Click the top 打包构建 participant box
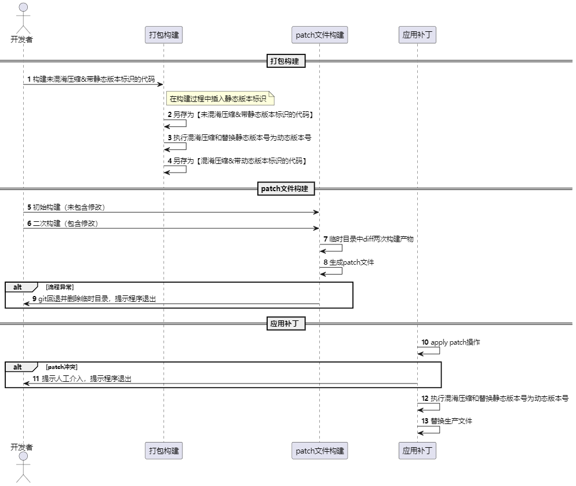pos(163,35)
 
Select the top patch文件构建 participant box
pos(319,35)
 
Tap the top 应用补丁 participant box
pos(417,35)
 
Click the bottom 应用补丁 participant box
pos(417,451)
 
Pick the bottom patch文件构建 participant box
pos(319,451)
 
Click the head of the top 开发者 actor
pos(23,8)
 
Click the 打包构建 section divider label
pos(286,61)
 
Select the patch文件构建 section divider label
pos(286,188)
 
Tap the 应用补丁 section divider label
pos(286,323)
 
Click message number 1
pos(28,78)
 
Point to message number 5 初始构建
pos(28,207)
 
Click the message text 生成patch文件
pos(352,262)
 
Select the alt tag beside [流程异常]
pos(19,287)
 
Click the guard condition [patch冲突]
pos(61,367)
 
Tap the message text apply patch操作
pos(455,342)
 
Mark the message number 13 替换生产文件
pos(425,421)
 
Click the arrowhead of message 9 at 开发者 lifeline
pos(27,304)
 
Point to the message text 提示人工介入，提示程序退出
pos(87,379)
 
